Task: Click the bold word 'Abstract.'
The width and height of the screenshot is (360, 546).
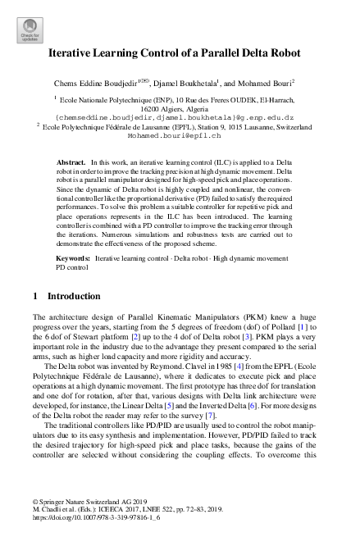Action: coord(71,164)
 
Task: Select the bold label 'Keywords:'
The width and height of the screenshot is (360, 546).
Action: coord(73,257)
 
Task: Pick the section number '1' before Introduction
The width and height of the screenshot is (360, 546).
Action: coord(35,294)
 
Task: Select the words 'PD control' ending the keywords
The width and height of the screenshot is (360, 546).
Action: coord(71,266)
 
